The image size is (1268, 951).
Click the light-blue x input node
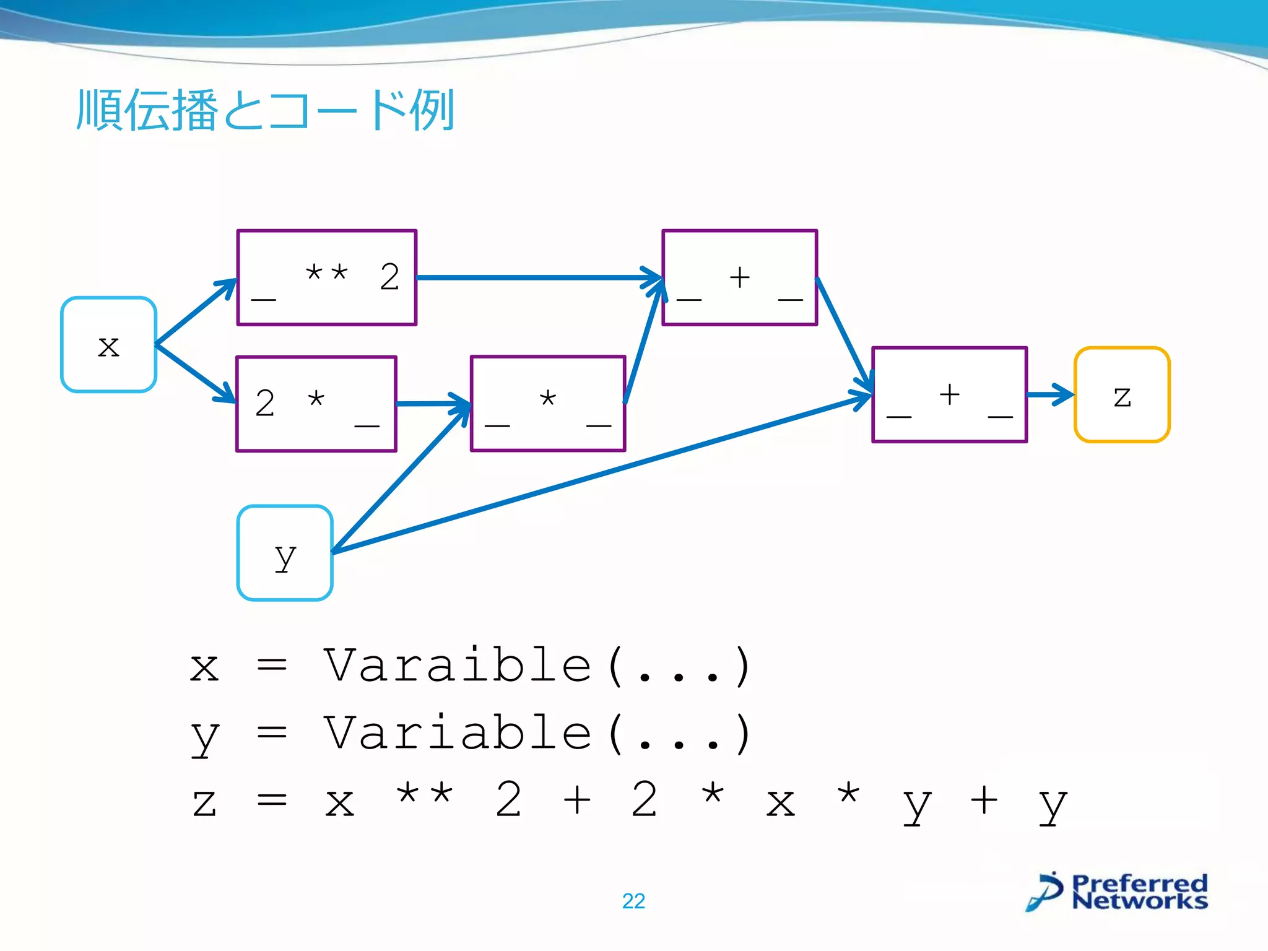tap(108, 345)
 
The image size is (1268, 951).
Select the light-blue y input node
tap(285, 553)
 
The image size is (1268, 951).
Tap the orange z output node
tap(1122, 395)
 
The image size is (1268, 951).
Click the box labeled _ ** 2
tap(327, 277)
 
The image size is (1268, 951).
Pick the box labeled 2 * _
tap(316, 404)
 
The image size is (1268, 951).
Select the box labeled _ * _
tap(548, 404)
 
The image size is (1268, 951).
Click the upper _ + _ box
tap(740, 277)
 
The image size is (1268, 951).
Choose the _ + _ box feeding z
tap(949, 395)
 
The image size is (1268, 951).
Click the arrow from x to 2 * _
tap(195, 373)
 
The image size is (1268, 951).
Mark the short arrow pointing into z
tap(1049, 394)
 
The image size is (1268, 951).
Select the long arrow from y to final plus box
tap(601, 474)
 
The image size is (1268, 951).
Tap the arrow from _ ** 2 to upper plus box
tap(539, 277)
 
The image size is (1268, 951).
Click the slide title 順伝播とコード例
tap(265, 110)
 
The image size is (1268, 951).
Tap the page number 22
tap(633, 901)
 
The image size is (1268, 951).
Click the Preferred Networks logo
tap(1118, 892)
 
